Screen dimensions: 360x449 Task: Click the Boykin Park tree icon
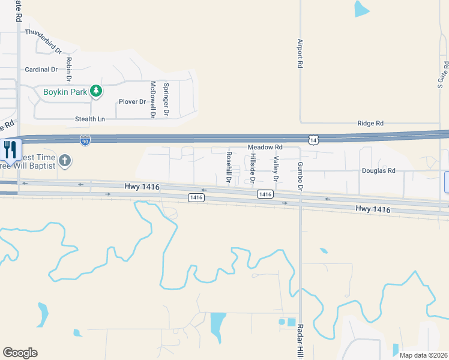pyautogui.click(x=96, y=91)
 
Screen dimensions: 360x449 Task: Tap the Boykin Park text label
pyautogui.click(x=65, y=92)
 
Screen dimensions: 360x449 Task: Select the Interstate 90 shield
pyautogui.click(x=85, y=140)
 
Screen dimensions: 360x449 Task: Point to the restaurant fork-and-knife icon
pyautogui.click(x=11, y=150)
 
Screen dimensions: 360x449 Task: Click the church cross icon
pyautogui.click(x=65, y=161)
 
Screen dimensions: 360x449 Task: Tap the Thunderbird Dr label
pyautogui.click(x=43, y=32)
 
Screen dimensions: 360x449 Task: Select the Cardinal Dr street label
pyautogui.click(x=41, y=70)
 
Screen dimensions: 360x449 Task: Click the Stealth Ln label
pyautogui.click(x=90, y=119)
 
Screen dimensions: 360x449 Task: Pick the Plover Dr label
pyautogui.click(x=133, y=102)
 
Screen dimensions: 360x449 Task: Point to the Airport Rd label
pyautogui.click(x=300, y=54)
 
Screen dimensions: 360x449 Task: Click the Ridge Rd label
pyautogui.click(x=370, y=123)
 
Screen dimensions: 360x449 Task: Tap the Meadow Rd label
pyautogui.click(x=265, y=147)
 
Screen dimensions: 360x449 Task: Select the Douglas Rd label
pyautogui.click(x=379, y=170)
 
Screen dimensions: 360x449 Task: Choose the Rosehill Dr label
pyautogui.click(x=229, y=167)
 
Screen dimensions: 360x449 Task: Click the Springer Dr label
pyautogui.click(x=166, y=99)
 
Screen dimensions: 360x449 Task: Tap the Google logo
pyautogui.click(x=20, y=353)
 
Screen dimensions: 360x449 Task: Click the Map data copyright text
pyautogui.click(x=423, y=355)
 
